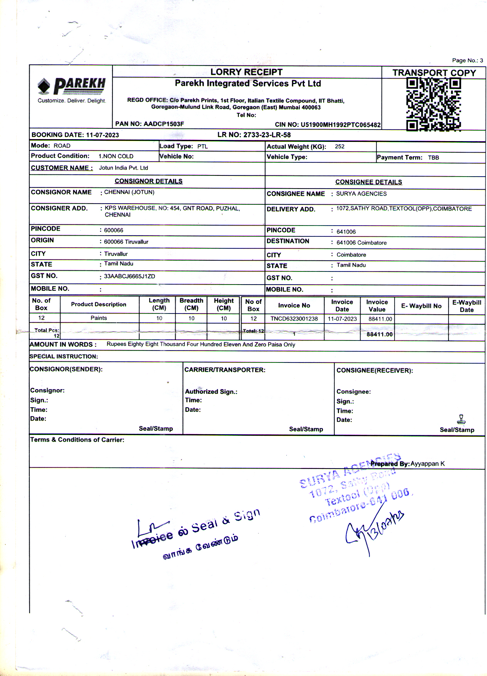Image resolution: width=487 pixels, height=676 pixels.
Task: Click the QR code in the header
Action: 433,104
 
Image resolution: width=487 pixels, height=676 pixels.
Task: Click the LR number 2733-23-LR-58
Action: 267,135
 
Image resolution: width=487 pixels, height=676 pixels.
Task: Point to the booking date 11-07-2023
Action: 102,135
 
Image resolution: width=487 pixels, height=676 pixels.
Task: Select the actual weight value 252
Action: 339,147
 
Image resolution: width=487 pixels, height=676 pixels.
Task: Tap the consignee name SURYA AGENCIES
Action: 361,194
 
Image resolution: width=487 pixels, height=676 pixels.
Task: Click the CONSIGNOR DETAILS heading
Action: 148,181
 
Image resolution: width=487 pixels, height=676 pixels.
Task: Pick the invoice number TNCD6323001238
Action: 294,319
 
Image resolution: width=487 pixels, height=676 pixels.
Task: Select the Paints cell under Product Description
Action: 99,318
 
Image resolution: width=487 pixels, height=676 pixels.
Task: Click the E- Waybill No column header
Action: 421,306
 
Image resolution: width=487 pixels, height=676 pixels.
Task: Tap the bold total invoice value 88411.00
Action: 380,334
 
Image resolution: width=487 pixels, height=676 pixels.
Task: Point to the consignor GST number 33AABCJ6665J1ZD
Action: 129,276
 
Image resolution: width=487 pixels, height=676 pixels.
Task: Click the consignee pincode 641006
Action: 346,232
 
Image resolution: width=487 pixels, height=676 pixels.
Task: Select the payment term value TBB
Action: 433,158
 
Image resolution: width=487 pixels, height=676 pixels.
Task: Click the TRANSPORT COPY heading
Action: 434,73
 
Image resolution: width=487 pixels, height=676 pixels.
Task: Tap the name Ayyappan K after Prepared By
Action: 427,464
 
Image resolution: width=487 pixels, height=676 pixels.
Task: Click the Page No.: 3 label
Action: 467,61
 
